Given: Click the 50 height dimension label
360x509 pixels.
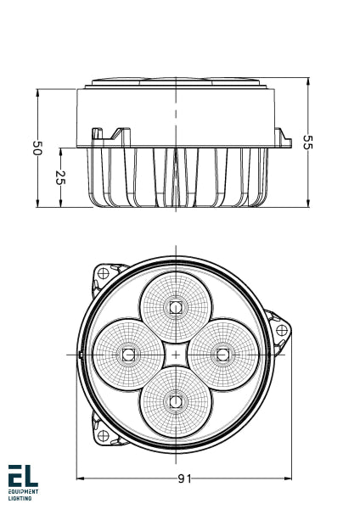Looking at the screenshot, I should coord(37,148).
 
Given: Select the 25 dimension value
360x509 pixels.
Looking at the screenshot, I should coord(60,177).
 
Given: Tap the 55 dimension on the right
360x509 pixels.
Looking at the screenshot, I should coord(307,143).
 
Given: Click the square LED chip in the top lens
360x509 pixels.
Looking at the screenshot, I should coord(176,306).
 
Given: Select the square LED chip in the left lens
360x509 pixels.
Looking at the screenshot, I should coord(128,353).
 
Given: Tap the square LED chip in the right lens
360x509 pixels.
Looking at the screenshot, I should coord(223,353).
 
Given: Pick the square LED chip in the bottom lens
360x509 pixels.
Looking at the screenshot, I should coord(176,400).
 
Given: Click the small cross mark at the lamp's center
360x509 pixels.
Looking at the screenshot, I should coord(176,353).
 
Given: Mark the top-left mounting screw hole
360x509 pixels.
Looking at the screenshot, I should coord(103,273).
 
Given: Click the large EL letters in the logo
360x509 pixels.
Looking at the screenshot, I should coord(23,476).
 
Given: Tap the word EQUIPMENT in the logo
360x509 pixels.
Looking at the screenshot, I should coord(23,492).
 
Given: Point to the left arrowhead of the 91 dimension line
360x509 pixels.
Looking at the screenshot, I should coord(81,478).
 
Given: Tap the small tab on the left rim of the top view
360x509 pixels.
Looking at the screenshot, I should coord(78,353).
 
